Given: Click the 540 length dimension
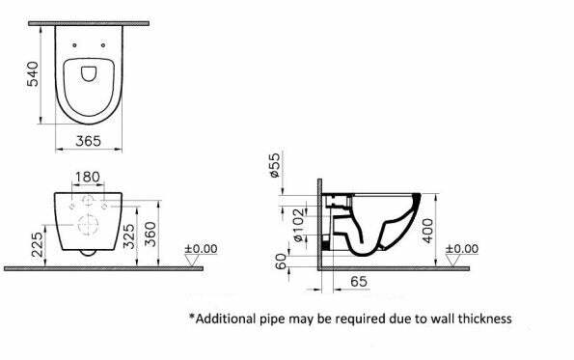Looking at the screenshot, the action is (33, 74).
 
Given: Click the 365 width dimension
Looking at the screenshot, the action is (88, 141).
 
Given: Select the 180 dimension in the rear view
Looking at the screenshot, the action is (87, 178).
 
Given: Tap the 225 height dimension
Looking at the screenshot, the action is (37, 244).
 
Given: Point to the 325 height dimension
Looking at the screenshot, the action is (129, 236).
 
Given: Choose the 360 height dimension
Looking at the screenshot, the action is (150, 235).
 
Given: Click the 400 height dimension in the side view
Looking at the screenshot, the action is (427, 231).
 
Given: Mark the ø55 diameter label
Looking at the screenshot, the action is (275, 165).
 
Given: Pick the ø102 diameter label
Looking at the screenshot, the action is (299, 225).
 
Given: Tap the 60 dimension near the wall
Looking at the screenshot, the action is (281, 262).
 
